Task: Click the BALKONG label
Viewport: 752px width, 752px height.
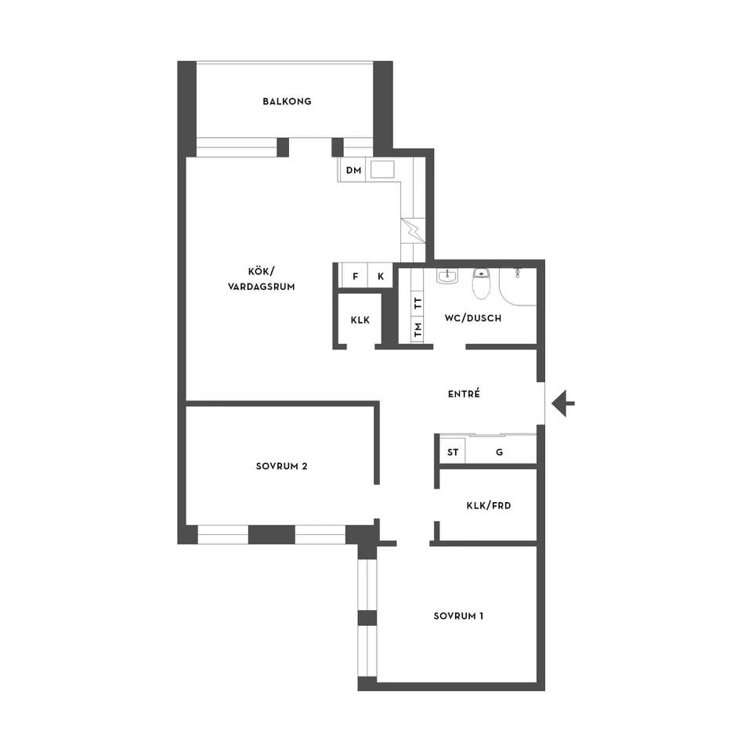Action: click(287, 101)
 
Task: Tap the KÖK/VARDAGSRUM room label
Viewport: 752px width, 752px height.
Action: click(262, 279)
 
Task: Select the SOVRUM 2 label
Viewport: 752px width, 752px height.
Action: click(281, 466)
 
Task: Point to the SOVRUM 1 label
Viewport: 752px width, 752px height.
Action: click(458, 616)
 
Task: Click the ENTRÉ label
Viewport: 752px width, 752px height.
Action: click(464, 394)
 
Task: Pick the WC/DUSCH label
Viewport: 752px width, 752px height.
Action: click(473, 318)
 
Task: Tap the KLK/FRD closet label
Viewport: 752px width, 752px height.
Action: click(489, 505)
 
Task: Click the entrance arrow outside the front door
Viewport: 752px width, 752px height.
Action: click(563, 403)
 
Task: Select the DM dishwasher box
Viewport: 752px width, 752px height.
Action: click(353, 170)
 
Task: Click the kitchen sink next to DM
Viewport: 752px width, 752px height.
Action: click(383, 169)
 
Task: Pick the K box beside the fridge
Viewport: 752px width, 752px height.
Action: click(381, 276)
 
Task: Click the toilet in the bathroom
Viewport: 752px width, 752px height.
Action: click(480, 284)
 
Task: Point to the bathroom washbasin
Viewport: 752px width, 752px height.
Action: click(447, 276)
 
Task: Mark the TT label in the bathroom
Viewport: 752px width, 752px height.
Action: click(418, 302)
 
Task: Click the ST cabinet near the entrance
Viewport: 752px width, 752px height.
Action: click(453, 452)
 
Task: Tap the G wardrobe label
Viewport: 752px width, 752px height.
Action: click(499, 452)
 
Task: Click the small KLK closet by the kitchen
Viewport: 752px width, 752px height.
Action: click(360, 320)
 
